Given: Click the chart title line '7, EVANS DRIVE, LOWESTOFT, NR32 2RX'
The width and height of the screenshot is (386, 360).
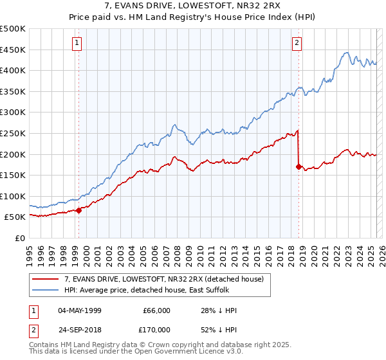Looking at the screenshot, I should click(192, 7).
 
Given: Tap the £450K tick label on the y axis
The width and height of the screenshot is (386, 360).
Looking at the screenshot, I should click(13, 50).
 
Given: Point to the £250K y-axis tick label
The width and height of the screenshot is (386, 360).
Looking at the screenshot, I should click(13, 133).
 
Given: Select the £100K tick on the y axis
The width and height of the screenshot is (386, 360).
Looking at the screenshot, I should click(13, 196).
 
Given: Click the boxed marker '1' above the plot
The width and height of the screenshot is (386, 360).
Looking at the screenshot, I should click(77, 43).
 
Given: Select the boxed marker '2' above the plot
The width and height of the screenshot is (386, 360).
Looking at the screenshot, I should click(297, 43).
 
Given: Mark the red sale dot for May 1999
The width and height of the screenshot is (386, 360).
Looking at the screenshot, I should click(78, 210).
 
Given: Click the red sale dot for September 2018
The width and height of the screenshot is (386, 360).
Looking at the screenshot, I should click(299, 166).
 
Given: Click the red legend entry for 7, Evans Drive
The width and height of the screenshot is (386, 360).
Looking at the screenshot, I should click(163, 279).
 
